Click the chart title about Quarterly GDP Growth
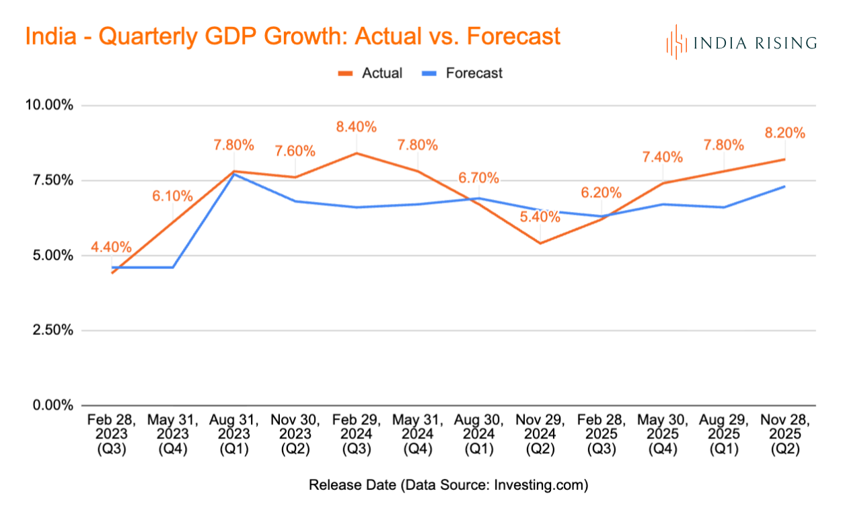(293, 36)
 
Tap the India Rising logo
(741, 42)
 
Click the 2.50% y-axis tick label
(50, 330)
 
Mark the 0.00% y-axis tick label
(50, 406)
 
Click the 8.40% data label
(356, 127)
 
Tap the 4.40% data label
(111, 247)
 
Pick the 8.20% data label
(784, 133)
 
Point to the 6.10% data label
(172, 196)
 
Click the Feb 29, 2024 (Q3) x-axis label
(356, 435)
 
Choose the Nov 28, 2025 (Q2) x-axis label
(784, 435)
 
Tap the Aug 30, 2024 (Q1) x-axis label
(478, 435)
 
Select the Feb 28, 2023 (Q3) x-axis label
(111, 435)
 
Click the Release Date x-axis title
(448, 485)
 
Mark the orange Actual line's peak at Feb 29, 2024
(356, 153)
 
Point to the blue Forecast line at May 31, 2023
(172, 268)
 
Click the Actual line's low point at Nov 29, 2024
(540, 243)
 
